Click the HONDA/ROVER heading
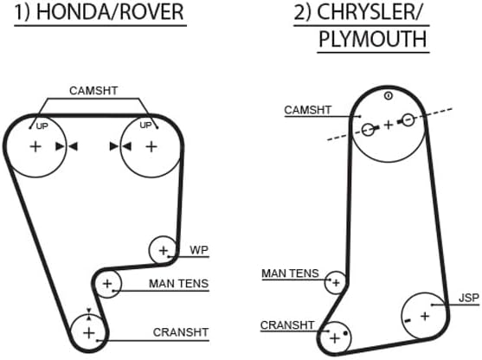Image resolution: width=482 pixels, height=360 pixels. [110, 12]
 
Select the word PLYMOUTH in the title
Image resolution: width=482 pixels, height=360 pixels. [373, 39]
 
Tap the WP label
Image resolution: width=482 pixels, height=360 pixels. [199, 250]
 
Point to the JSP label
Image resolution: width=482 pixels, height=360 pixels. [469, 298]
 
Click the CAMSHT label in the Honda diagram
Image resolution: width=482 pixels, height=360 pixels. [93, 91]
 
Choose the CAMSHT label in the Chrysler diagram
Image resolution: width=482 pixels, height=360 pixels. [308, 110]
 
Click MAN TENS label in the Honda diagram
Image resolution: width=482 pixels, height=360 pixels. [178, 284]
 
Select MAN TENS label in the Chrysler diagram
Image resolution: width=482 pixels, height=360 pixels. [290, 273]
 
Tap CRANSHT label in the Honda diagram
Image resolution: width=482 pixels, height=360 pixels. [181, 332]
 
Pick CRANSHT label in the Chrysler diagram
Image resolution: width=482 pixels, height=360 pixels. [287, 325]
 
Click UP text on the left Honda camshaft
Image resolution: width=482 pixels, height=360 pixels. [42, 126]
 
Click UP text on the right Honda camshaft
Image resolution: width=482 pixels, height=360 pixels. [145, 125]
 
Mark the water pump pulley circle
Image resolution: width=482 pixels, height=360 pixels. [149, 249]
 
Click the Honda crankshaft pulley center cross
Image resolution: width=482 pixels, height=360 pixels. [89, 333]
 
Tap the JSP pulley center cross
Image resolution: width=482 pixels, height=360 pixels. [425, 316]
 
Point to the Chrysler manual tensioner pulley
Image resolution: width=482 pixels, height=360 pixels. [325, 282]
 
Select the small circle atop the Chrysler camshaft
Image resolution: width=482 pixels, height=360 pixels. [389, 96]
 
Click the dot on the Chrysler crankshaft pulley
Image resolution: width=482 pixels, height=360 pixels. [345, 333]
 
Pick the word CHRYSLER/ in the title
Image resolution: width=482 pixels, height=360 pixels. [369, 12]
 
